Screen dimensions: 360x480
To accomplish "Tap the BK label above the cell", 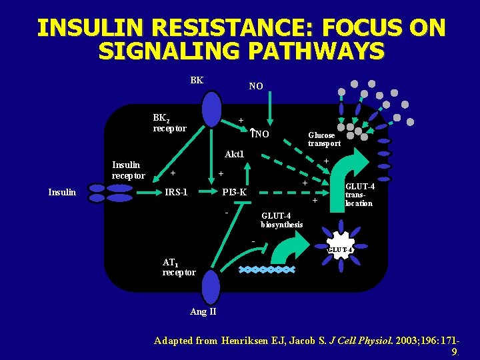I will [x=197, y=81].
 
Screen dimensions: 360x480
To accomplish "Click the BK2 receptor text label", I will [x=170, y=123].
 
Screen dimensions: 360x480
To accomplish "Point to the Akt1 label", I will [x=235, y=155].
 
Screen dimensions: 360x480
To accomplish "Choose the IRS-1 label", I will [x=176, y=193].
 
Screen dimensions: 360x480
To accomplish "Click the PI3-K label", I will [x=235, y=193].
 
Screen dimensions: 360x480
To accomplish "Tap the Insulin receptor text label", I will [x=129, y=171].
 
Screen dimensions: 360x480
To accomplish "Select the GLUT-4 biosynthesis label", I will [x=281, y=220].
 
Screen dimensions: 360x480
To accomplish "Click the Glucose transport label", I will [x=324, y=139].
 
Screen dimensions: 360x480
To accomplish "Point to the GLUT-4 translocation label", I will [x=359, y=195].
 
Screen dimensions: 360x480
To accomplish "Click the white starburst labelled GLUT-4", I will [x=340, y=248].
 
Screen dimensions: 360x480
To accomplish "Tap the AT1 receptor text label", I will [x=179, y=267].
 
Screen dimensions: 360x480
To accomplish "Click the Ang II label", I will [x=203, y=312].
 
